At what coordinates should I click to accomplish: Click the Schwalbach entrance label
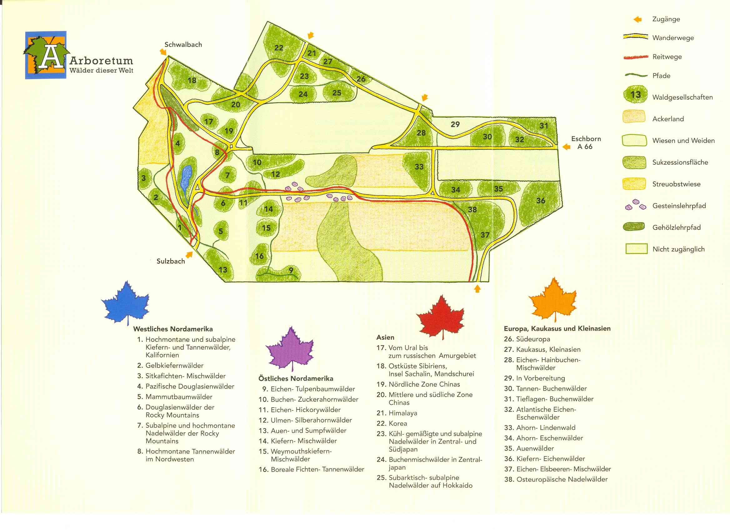pos(183,45)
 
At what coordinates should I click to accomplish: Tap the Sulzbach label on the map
pos(171,261)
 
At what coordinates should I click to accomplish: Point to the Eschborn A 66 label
pos(586,143)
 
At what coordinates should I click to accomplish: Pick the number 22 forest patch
pos(279,48)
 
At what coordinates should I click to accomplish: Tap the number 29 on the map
pos(455,124)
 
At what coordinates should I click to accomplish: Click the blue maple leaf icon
pos(126,303)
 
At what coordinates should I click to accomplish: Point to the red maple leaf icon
pos(441,316)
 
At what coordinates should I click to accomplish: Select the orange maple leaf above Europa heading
pos(553,300)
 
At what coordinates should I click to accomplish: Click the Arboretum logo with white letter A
pos(46,55)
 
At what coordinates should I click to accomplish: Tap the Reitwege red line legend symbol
pos(635,57)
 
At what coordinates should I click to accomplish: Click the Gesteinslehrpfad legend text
pos(679,206)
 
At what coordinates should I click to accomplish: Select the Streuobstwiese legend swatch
pos(634,184)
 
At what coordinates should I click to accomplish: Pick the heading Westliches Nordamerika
pos(173,329)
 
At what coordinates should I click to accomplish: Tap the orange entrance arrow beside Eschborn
pos(566,147)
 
